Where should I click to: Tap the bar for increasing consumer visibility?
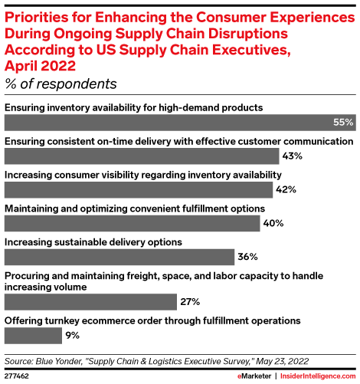[139, 189]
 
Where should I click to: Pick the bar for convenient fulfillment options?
[133, 223]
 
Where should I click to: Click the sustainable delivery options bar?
[119, 257]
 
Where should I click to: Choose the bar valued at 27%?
[91, 300]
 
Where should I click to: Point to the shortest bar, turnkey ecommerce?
[34, 335]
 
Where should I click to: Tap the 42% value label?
[286, 189]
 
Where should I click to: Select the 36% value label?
[247, 257]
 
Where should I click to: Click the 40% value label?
[273, 223]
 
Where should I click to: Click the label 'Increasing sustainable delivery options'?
[93, 241]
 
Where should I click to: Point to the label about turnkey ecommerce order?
[152, 320]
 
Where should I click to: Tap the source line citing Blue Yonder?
[157, 358]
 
